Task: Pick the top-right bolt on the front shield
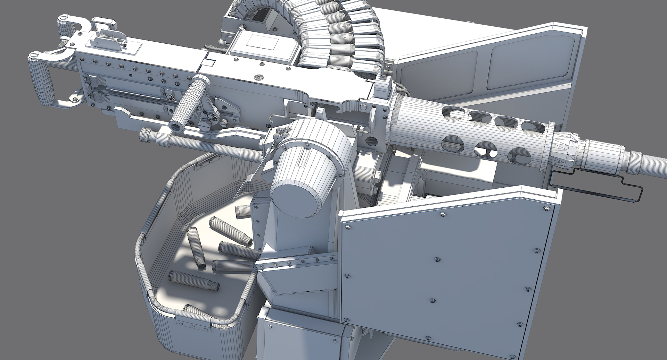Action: point(544,208)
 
